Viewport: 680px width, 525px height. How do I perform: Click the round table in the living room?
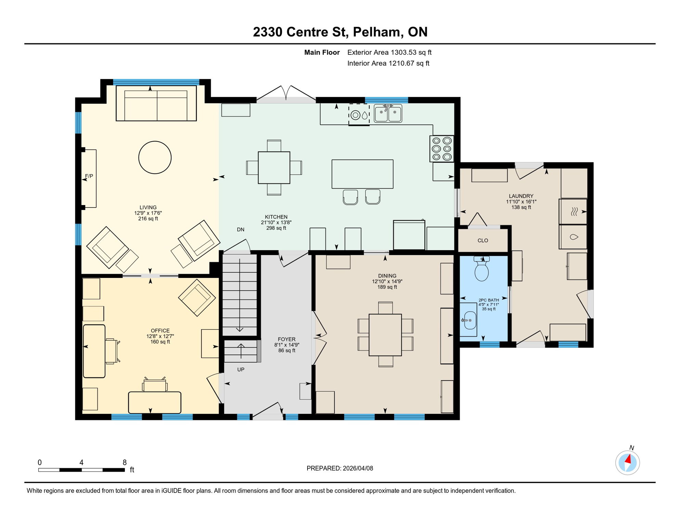coord(155,158)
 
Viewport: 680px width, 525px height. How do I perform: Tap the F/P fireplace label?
coord(89,176)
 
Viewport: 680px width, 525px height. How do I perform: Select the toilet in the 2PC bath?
coord(482,270)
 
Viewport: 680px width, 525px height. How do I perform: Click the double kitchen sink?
coord(388,113)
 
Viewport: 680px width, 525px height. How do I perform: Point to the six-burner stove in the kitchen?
coord(442,149)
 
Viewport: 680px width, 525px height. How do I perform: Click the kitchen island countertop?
coord(362,174)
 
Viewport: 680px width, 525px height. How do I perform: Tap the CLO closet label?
coord(483,241)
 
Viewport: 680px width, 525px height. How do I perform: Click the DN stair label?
coord(240,230)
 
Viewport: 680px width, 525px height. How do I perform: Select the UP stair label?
coord(241,370)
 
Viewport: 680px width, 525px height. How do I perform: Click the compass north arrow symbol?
coord(628,463)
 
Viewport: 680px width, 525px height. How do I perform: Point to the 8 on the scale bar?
coord(125,462)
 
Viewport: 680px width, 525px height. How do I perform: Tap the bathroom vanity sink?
coord(469,320)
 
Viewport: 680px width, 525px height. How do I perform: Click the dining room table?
coord(385,335)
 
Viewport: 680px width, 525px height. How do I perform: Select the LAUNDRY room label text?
coord(521,196)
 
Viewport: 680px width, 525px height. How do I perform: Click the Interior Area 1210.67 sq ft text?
coord(388,63)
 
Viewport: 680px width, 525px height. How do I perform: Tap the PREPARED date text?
coord(340,469)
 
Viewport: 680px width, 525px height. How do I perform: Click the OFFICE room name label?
coord(160,331)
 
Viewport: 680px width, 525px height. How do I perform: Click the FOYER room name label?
coord(287,339)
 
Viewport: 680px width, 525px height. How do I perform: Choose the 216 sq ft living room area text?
coord(148,219)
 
